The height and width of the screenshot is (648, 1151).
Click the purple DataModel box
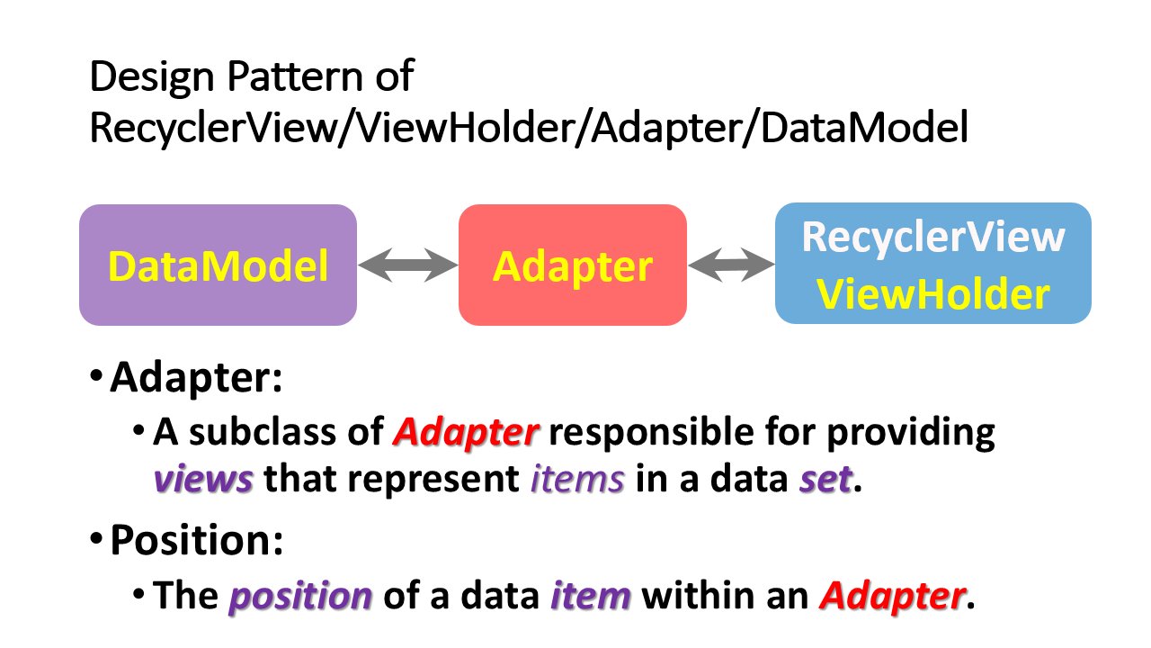(x=218, y=265)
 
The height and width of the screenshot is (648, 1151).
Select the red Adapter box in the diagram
(x=573, y=265)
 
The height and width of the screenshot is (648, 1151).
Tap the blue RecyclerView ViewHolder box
(x=933, y=264)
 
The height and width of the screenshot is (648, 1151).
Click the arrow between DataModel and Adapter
(x=408, y=265)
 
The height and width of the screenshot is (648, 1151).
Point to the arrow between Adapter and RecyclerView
(x=731, y=265)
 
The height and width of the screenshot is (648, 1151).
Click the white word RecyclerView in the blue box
(x=933, y=237)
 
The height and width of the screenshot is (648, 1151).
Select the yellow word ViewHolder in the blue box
(x=933, y=294)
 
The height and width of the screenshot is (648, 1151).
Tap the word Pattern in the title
(x=296, y=76)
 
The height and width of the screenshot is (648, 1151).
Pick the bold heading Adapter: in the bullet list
(x=196, y=378)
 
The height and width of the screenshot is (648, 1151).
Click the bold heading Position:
(x=197, y=541)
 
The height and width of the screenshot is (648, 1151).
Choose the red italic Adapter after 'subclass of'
(x=466, y=433)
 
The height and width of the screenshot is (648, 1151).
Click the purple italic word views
(x=203, y=479)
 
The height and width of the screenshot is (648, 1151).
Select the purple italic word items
(x=577, y=479)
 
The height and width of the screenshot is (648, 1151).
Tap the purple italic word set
(x=825, y=479)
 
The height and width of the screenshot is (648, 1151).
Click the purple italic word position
(x=300, y=597)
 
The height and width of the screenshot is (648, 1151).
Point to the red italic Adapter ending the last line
(x=893, y=597)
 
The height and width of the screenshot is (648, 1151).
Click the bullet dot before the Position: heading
(x=96, y=538)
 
